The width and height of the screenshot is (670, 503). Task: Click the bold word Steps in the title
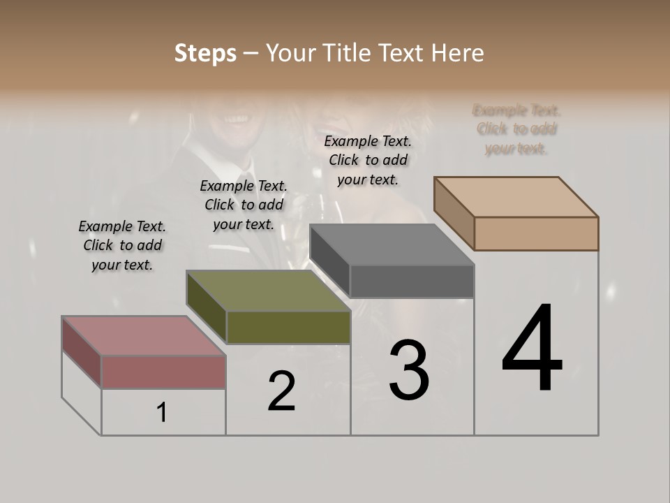(205, 53)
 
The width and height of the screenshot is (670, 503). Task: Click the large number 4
(532, 349)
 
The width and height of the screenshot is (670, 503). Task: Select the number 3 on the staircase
(409, 370)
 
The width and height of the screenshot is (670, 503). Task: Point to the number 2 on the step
(281, 391)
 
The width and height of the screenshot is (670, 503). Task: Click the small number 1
(162, 413)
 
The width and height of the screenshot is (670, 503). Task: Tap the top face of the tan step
(516, 196)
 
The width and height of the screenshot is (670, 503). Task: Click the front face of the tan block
(536, 233)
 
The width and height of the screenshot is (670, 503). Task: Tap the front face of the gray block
(412, 281)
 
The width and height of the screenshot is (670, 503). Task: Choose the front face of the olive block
(288, 327)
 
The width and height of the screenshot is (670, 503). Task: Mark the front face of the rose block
(163, 372)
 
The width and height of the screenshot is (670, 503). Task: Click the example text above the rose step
(122, 245)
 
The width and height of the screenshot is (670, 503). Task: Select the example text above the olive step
(244, 205)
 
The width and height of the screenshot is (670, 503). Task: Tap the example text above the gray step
(368, 160)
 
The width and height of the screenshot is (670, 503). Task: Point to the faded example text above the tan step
(516, 129)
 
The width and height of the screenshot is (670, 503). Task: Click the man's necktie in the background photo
(246, 186)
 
